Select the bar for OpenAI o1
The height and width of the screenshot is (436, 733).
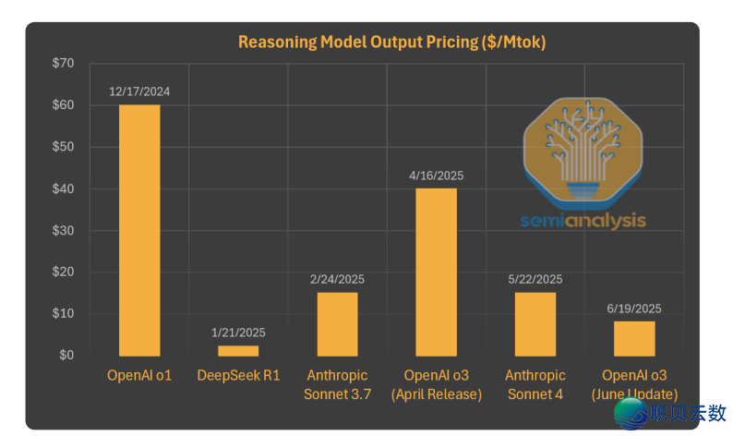click(139, 230)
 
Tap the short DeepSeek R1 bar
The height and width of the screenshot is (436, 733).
click(238, 351)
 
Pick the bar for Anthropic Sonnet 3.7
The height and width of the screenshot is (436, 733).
click(337, 324)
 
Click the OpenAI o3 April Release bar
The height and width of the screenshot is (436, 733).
click(436, 272)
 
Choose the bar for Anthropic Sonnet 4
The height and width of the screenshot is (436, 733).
click(535, 324)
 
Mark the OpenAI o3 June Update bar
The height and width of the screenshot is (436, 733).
click(634, 338)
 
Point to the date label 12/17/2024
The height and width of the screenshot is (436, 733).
click(139, 92)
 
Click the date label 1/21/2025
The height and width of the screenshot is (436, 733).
click(238, 333)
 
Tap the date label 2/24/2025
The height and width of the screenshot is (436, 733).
click(337, 279)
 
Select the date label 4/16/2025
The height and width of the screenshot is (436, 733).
click(436, 176)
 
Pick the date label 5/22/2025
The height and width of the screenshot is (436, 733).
click(535, 279)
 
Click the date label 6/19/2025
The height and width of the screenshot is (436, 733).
click(634, 309)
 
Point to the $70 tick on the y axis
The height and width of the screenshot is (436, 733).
click(64, 64)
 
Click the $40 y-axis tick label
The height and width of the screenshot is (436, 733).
click(64, 188)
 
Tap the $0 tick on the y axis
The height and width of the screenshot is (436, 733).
click(66, 356)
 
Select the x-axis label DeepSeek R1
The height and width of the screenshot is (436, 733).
click(238, 376)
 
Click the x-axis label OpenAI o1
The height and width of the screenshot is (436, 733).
click(139, 376)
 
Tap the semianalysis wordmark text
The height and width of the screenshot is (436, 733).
click(583, 221)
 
